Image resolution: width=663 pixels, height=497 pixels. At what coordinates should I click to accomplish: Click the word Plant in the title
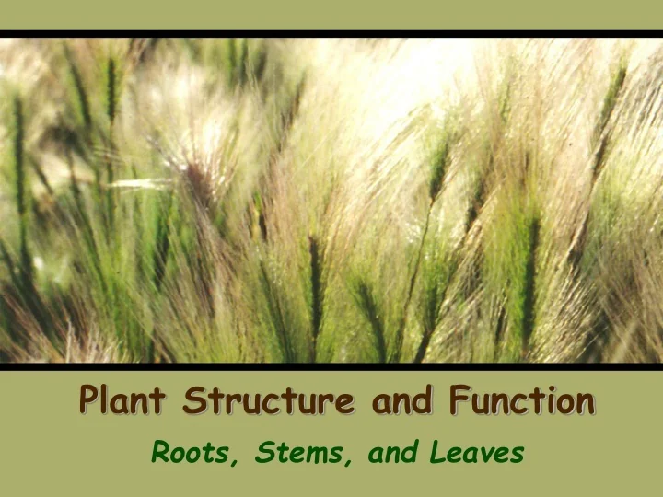[122, 401]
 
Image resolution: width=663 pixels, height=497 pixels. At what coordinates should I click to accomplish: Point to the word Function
[522, 401]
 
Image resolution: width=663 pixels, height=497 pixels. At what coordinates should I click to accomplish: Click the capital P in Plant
[89, 401]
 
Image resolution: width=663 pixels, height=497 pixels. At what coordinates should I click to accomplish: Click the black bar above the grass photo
[331, 34]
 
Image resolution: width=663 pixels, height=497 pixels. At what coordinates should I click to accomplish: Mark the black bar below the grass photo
[331, 366]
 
